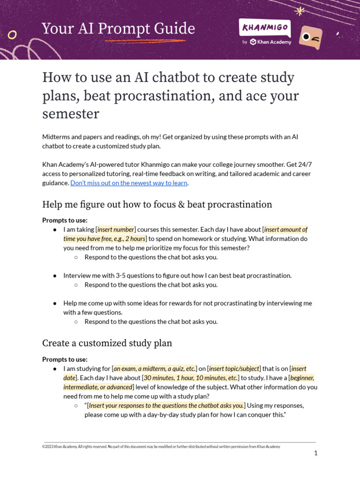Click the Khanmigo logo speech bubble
tap(264, 28)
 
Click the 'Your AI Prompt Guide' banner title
tap(118, 29)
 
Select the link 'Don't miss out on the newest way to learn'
tap(129, 183)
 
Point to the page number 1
tap(316, 453)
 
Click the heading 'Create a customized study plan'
tap(107, 343)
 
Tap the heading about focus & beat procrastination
tap(157, 204)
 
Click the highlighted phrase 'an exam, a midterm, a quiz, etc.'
tap(155, 368)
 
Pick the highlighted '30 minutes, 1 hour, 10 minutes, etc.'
tap(190, 378)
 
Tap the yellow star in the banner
tap(300, 11)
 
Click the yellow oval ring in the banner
tap(13, 35)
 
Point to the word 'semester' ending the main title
tap(70, 114)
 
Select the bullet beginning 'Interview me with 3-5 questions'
tap(177, 276)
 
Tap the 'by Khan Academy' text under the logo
tap(267, 42)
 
